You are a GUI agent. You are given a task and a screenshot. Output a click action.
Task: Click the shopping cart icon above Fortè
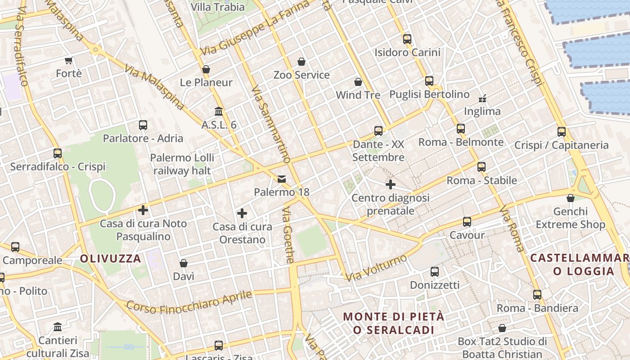[69, 60]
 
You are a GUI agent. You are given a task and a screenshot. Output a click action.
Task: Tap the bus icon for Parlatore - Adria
[143, 125]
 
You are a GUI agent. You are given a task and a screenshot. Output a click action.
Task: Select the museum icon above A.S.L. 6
[219, 111]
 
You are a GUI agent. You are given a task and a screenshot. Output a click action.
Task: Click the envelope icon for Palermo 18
[282, 179]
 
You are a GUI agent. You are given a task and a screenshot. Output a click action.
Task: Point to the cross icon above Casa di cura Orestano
[242, 213]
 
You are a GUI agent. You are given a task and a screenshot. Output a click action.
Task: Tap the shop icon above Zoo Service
[301, 62]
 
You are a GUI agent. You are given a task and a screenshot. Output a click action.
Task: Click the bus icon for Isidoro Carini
[407, 39]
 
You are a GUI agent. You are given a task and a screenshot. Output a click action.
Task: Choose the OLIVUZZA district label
[111, 259]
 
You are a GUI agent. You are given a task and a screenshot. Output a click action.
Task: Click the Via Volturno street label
[376, 267]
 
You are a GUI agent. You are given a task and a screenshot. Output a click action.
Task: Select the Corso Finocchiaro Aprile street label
[189, 301]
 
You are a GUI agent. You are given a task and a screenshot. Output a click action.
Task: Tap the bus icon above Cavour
[467, 222]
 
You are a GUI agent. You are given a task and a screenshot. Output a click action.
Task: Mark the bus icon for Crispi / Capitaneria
[562, 132]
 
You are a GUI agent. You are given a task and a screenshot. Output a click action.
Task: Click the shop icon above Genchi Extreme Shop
[571, 198]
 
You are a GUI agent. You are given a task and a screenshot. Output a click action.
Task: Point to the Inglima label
[482, 111]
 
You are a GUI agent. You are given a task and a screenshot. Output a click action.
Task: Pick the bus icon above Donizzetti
[435, 272]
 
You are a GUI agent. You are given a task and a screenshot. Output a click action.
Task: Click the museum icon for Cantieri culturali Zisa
[58, 327]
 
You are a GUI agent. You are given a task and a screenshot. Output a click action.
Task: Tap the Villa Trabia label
[218, 7]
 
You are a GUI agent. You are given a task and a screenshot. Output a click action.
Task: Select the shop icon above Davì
[184, 263]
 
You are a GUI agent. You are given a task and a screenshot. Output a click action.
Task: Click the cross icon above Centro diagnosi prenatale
[391, 184]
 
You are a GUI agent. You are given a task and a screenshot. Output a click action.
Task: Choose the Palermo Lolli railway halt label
[182, 164]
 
